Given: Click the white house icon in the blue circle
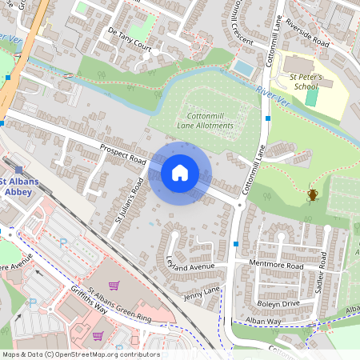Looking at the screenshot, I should (180, 173).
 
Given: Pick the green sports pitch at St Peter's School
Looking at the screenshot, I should (311, 98).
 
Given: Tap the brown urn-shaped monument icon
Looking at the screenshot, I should (313, 194).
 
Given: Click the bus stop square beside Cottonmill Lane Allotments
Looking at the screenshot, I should (268, 118).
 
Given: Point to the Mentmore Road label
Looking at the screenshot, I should (277, 265).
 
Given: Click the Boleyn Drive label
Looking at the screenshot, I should (278, 303).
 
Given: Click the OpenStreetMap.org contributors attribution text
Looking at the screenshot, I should (106, 354).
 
